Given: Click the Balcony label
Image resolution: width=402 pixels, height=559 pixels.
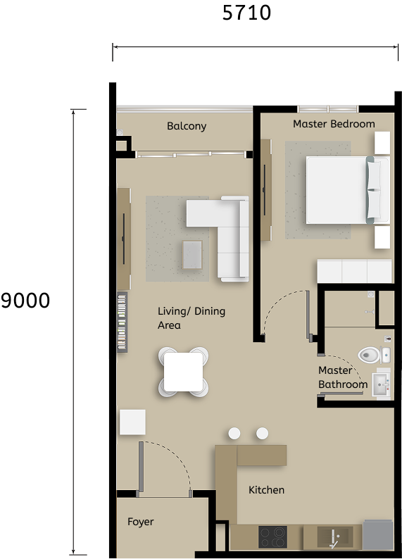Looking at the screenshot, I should (x=187, y=127).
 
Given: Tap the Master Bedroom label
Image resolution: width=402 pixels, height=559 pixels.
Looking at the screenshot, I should (x=334, y=124).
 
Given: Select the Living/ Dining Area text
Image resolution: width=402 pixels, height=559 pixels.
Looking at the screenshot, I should (x=191, y=318).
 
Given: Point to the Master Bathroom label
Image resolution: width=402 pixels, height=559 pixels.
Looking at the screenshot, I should (x=342, y=377).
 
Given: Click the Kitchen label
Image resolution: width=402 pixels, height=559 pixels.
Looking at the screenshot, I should (x=266, y=490).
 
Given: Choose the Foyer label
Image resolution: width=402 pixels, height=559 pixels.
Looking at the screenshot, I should (x=140, y=522).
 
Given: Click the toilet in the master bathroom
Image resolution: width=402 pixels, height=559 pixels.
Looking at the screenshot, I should (x=370, y=355).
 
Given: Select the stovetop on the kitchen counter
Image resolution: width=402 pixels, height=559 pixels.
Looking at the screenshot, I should (x=272, y=537).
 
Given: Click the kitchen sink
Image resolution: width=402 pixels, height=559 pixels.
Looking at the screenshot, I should (x=332, y=537).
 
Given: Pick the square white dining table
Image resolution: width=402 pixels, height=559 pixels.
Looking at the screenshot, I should (x=184, y=371).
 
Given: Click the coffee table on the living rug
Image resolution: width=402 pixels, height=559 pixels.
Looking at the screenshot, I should (x=191, y=254).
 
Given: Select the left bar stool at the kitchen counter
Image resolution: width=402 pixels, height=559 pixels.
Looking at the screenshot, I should (x=234, y=434).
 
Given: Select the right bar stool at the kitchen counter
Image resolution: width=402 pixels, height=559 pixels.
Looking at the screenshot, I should (x=263, y=434).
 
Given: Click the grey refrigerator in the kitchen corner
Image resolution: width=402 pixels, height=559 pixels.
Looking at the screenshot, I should (x=377, y=535).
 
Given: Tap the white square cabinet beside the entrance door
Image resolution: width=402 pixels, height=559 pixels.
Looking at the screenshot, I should (x=132, y=422).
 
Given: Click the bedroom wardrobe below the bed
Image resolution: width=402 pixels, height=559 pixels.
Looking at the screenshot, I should (x=354, y=271).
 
